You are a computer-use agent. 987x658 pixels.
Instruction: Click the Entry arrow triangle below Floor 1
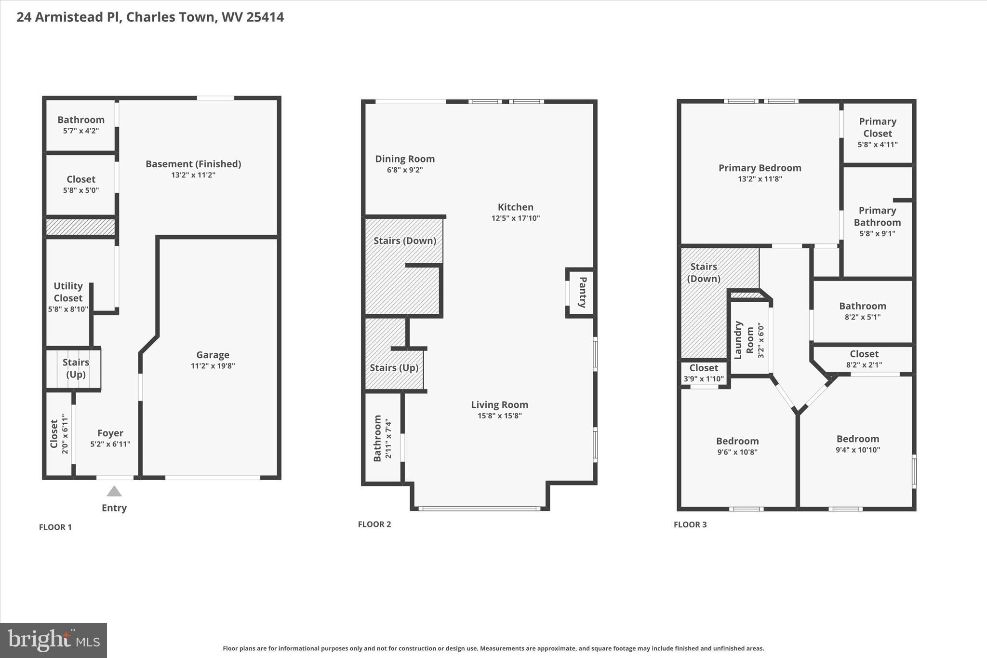click(114, 491)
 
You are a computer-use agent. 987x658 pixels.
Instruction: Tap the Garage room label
click(213, 355)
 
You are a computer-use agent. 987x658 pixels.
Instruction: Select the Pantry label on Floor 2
click(582, 292)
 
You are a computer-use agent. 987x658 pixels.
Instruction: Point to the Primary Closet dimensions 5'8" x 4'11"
click(877, 145)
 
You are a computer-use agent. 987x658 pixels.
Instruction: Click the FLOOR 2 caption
click(374, 524)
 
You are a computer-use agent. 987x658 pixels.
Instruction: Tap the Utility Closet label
click(68, 292)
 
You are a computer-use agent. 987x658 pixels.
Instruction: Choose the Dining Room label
click(405, 159)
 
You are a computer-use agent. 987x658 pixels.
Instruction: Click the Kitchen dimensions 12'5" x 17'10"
click(515, 218)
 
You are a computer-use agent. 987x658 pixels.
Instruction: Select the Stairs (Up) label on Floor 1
click(76, 368)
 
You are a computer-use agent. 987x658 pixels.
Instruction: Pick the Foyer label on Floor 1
click(110, 433)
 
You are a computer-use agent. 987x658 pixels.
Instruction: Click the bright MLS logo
click(53, 640)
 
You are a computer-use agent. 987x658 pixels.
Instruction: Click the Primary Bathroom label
click(877, 216)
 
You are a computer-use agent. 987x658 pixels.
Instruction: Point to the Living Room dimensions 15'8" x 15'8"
click(499, 416)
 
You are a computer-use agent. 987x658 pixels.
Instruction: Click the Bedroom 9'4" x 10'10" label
click(857, 439)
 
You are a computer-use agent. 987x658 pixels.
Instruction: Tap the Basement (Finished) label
click(193, 164)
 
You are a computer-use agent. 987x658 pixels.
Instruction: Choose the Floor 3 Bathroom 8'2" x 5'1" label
click(862, 306)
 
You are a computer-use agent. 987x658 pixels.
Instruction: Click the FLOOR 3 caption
click(690, 524)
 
